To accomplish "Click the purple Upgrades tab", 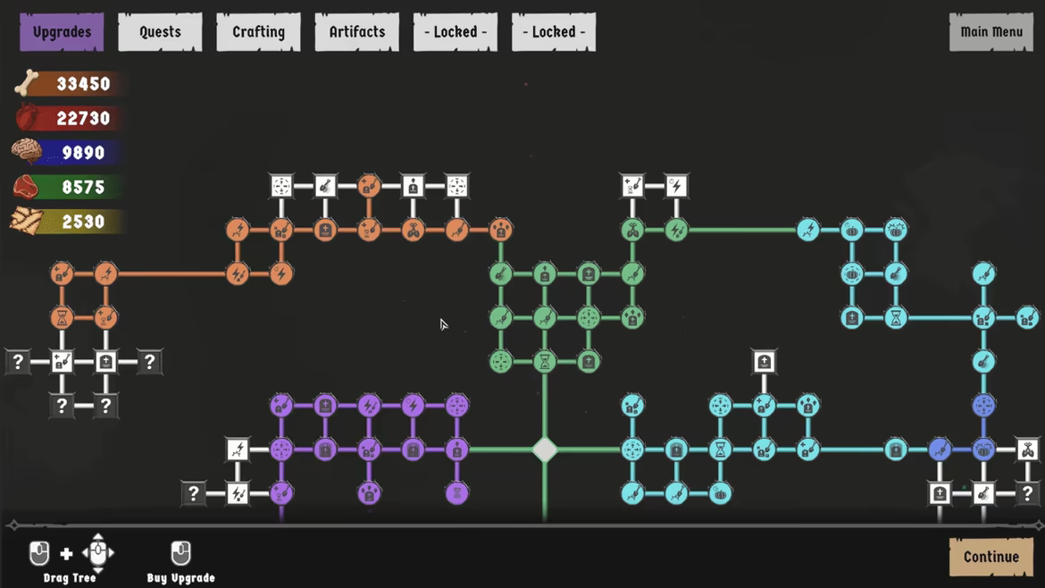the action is tap(62, 32).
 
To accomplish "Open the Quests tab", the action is tap(160, 32).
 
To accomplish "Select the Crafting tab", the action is tap(259, 32).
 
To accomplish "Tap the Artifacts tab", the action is tap(357, 32).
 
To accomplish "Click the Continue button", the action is tap(991, 557).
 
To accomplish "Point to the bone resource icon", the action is tap(27, 83).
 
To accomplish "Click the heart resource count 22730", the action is tap(83, 119).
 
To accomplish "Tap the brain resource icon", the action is tap(27, 151).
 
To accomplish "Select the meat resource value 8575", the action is tap(83, 188).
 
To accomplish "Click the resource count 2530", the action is tap(83, 222).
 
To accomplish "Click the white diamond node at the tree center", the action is tap(545, 449).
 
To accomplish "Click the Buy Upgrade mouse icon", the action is tap(180, 552).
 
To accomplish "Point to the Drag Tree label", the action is tap(70, 578).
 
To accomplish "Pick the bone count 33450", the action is tap(83, 84).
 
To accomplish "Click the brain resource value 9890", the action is tap(83, 153).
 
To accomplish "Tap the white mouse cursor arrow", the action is tap(443, 324).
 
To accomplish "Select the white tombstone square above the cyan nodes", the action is tap(764, 362).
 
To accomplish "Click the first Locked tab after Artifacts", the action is tap(456, 32).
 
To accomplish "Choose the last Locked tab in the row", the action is tap(554, 32).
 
